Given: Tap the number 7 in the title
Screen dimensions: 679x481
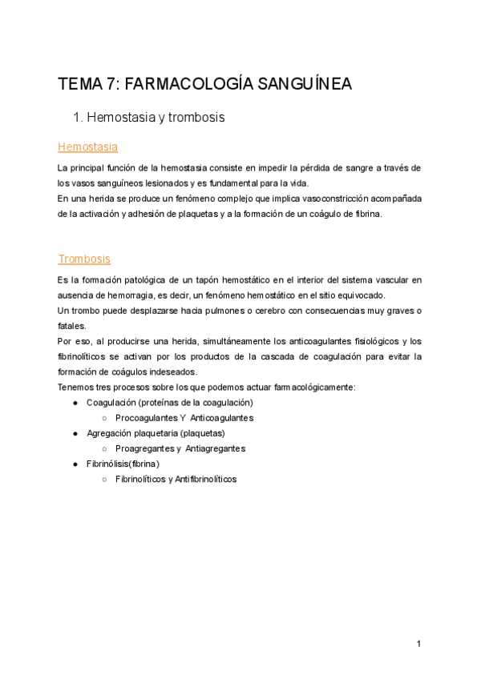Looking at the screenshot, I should coord(108,84).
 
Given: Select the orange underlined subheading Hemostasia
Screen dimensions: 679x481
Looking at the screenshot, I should coord(87,147).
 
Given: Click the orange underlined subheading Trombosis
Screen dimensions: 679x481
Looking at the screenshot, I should coord(84,259).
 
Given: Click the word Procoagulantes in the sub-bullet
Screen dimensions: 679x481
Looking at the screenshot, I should coord(148,418).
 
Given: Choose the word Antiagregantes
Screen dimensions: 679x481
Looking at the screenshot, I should coord(215,448).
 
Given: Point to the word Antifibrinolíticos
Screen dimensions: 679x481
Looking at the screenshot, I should coord(205,479).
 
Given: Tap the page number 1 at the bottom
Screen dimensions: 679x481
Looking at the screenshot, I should coord(418,644).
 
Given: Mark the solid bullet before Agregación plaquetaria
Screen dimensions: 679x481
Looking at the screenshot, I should coord(75,433).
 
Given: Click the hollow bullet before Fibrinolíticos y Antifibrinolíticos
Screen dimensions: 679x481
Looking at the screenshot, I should coord(104,479).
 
